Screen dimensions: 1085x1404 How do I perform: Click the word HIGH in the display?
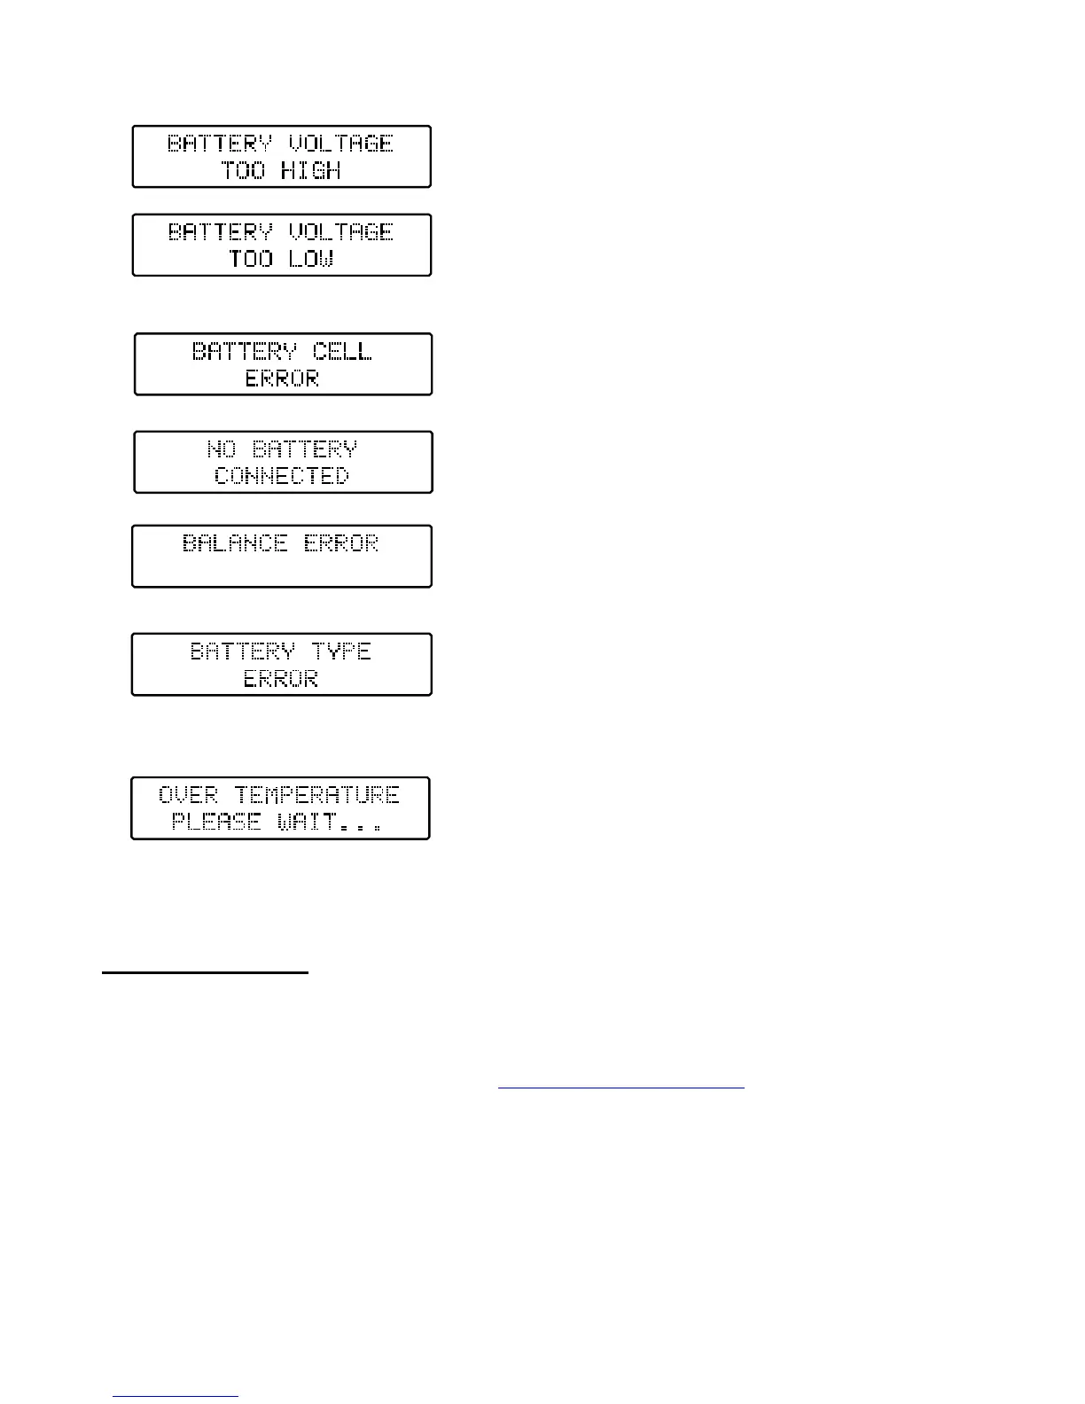310,170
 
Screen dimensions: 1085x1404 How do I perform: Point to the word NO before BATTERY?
222,449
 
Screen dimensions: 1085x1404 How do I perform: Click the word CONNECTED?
282,476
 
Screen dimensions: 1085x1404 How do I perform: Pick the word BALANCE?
235,542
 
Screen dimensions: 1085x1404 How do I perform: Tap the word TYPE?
341,651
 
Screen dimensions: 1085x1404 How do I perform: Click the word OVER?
188,794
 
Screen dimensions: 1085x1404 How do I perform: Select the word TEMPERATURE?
316,794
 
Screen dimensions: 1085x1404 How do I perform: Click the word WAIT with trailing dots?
329,822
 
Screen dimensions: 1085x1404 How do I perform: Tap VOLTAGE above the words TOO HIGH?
341,144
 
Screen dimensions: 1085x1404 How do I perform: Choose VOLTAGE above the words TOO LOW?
341,232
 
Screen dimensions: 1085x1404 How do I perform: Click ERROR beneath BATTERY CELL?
282,378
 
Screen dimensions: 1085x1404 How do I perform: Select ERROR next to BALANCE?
341,542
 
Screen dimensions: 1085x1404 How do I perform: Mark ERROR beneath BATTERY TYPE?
281,679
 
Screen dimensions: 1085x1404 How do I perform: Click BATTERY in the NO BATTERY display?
305,449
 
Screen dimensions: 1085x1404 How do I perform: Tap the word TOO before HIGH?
243,170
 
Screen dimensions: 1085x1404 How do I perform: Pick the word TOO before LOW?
251,259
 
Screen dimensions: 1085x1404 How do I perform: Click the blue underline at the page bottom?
176,1397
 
